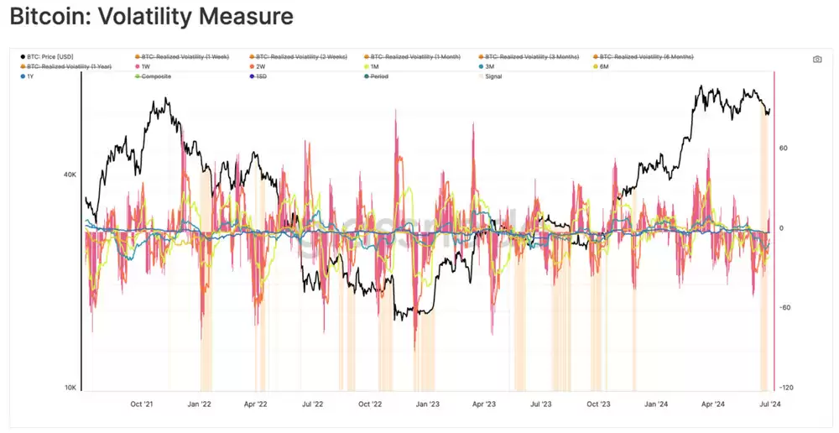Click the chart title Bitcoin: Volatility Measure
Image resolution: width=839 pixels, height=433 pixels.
coord(151,17)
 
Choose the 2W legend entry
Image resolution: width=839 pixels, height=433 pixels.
coord(261,66)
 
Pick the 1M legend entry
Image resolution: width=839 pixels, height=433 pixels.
coord(374,66)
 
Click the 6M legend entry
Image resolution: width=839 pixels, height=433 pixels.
coord(603,66)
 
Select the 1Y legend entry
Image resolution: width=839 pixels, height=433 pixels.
coord(30,76)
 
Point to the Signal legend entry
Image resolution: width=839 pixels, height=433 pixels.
coord(493,76)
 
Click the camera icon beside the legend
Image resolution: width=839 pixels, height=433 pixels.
coord(817,60)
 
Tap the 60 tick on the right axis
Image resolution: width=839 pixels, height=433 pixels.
coord(784,149)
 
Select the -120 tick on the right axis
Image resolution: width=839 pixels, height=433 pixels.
coord(786,388)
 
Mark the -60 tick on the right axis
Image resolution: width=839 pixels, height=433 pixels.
coord(785,308)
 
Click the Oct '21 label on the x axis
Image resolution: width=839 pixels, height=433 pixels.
coord(142,404)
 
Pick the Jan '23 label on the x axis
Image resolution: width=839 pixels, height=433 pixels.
coord(428,404)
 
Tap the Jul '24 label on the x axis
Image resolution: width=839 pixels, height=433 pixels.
coord(770,404)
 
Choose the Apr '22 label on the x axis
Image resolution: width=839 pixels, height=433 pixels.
coord(255,404)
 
